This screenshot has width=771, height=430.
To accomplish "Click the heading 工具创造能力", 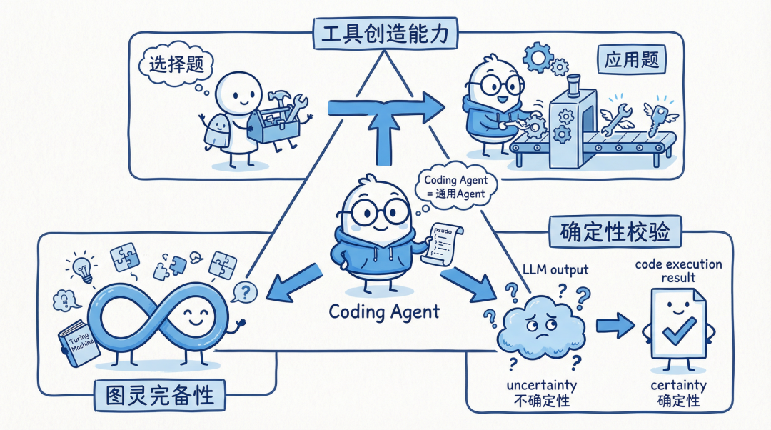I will pyautogui.click(x=385, y=33).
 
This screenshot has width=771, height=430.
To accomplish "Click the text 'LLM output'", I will pyautogui.click(x=555, y=269).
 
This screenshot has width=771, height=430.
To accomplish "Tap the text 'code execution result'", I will pyautogui.click(x=678, y=271).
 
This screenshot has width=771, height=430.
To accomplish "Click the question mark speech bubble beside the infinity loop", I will pyautogui.click(x=245, y=291).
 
